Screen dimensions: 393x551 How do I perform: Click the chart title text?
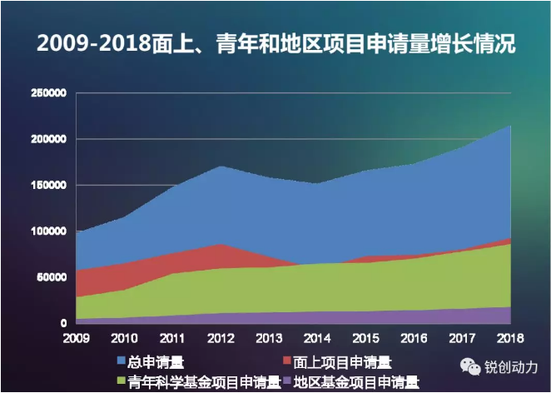[276, 42]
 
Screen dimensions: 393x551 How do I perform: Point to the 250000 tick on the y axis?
[47, 93]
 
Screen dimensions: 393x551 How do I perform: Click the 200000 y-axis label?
[47, 139]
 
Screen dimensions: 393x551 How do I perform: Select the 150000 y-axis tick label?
[47, 185]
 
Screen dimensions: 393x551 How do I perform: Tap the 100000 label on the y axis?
[47, 231]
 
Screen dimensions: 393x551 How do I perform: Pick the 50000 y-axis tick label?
[50, 276]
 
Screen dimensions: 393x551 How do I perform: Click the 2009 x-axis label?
[76, 337]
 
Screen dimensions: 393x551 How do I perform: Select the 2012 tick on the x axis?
[220, 337]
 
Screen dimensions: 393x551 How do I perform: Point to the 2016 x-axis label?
[412, 337]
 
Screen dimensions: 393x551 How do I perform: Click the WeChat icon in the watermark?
[474, 366]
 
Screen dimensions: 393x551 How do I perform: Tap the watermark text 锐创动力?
[512, 367]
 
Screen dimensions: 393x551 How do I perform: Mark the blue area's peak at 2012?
[220, 167]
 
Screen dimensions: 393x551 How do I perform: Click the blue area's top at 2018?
[509, 126]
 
